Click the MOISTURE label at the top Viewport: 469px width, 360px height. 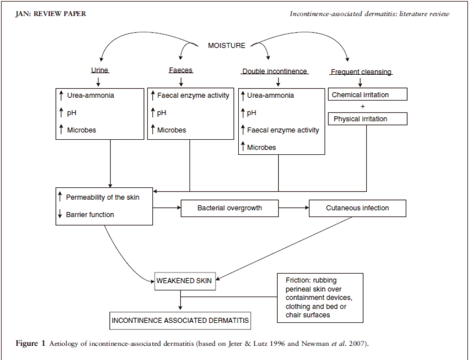[x=227, y=46]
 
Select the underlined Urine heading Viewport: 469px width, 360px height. [x=99, y=70]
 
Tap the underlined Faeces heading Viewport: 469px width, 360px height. [x=181, y=70]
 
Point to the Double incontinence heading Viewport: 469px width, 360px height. [x=275, y=71]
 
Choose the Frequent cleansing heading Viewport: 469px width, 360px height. [x=361, y=72]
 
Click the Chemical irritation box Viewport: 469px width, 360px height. [x=367, y=94]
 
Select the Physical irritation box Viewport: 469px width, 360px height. [x=367, y=119]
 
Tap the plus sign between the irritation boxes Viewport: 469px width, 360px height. [x=363, y=106]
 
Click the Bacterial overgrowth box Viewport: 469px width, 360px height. [x=230, y=208]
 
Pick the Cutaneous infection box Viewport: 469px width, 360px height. [x=358, y=208]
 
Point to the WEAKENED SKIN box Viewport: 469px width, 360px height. [x=185, y=281]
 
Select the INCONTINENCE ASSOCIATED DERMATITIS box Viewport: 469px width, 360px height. [x=180, y=321]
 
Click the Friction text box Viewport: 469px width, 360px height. [x=320, y=298]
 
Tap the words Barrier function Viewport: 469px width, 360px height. [x=90, y=215]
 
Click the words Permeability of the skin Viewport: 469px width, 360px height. [x=103, y=197]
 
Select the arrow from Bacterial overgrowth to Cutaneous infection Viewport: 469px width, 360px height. [x=294, y=208]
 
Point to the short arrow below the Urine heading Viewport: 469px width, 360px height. [x=98, y=82]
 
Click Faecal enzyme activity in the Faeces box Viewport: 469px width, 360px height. [x=193, y=95]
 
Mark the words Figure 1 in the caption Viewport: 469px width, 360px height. [x=30, y=343]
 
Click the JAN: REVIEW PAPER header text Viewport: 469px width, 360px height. [x=51, y=14]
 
